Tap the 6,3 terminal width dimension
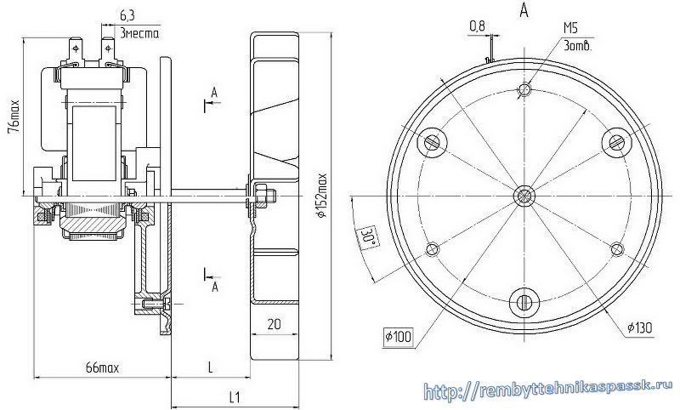point(127,15)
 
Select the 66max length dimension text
point(102,368)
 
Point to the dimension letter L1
point(235,397)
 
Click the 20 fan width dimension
point(274,324)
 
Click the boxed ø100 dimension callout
point(399,336)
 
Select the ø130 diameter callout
point(640,328)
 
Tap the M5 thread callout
point(570,29)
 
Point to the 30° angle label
point(368,236)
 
